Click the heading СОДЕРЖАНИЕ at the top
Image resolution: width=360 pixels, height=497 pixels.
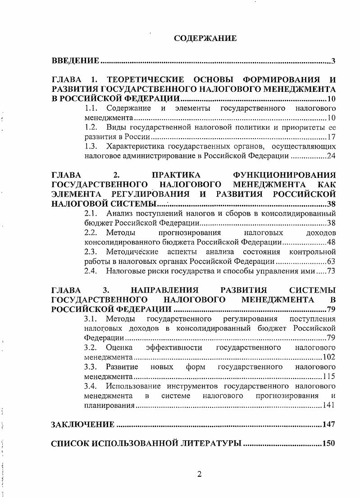(x=205, y=39)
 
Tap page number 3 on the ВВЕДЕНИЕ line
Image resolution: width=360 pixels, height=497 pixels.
(x=333, y=61)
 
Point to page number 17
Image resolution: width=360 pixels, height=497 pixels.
(x=332, y=137)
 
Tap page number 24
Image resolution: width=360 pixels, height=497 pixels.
(x=332, y=156)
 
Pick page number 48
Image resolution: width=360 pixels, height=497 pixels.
(x=332, y=242)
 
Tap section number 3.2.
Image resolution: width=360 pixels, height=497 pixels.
(x=91, y=348)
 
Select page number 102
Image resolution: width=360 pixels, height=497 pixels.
(x=330, y=357)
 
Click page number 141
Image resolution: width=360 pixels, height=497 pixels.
(x=330, y=405)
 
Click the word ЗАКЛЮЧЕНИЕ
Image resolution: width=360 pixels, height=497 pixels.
(x=83, y=425)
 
